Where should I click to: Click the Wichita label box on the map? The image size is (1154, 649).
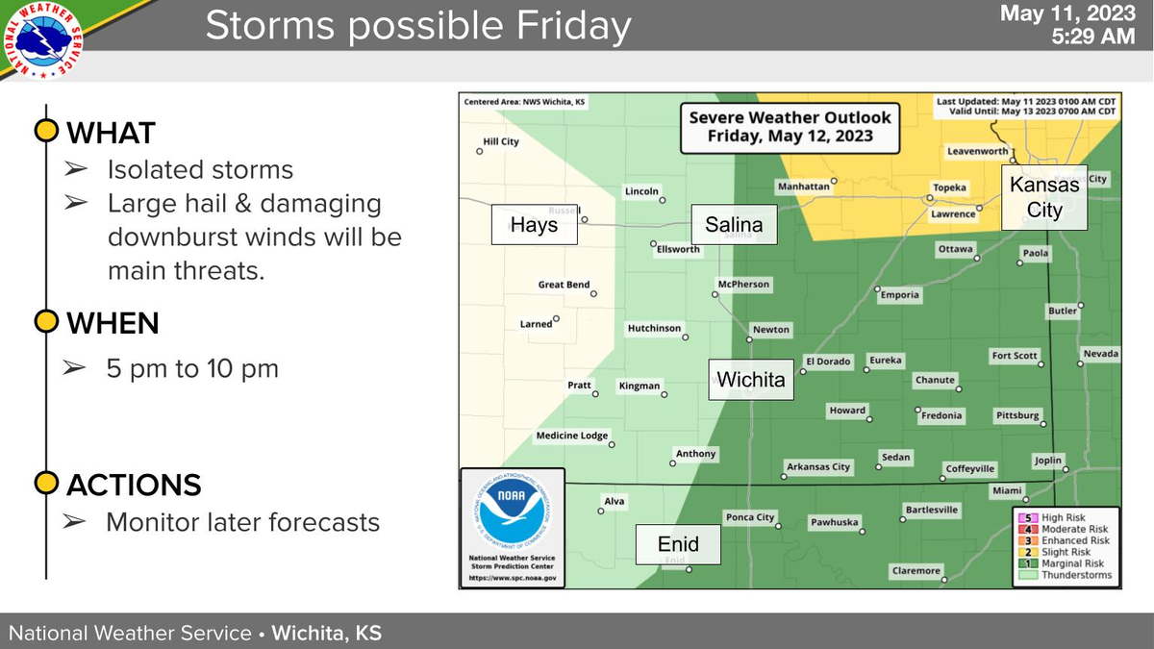(x=751, y=380)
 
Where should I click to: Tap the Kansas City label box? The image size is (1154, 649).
(x=1044, y=197)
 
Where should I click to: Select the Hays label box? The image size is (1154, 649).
(x=534, y=227)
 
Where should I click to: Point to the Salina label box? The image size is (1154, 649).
(x=734, y=226)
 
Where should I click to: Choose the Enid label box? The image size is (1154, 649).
(x=678, y=545)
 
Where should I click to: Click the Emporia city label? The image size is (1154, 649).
(x=900, y=295)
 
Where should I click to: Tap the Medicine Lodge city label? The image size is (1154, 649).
(x=572, y=436)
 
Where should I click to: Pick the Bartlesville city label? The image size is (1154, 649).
(x=932, y=510)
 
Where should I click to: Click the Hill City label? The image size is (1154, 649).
(x=499, y=142)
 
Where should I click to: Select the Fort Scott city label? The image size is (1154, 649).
(x=1015, y=356)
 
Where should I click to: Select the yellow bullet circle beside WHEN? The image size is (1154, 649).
(x=45, y=321)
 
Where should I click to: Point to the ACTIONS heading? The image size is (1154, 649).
(x=133, y=485)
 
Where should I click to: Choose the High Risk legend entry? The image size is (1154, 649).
(x=1064, y=517)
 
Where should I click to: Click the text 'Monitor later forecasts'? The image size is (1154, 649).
(x=242, y=522)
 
